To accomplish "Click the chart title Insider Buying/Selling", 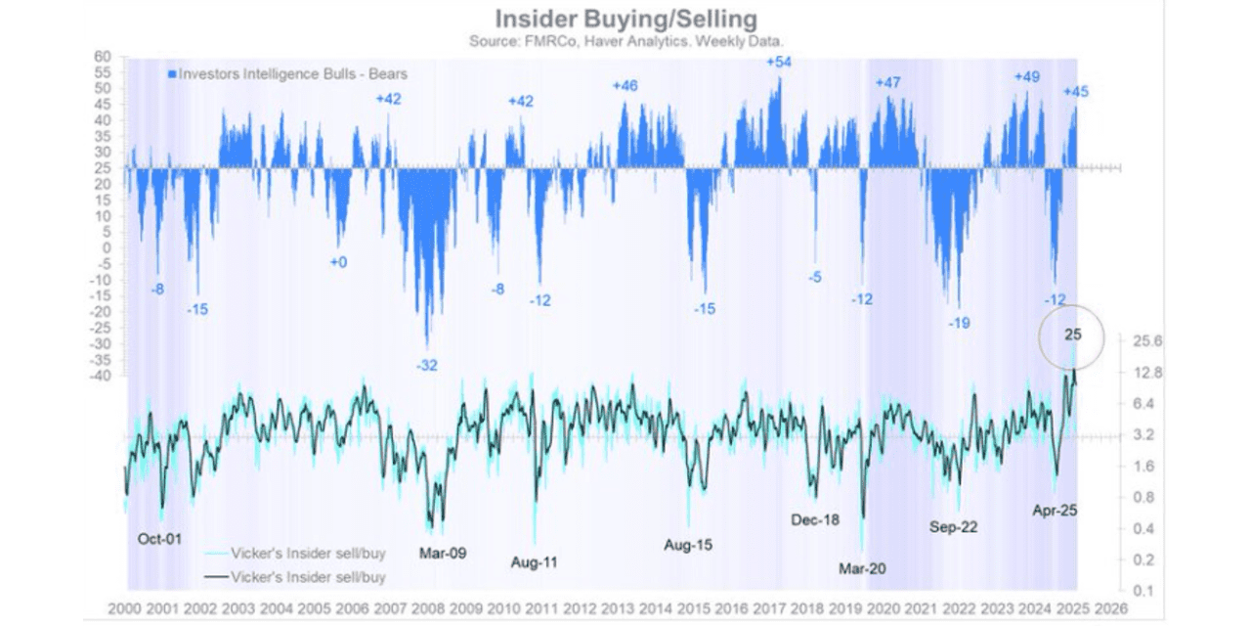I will click(625, 19).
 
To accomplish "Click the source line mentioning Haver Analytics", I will click(625, 41).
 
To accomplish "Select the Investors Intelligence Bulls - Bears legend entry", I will click(287, 73).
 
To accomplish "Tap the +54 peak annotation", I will click(779, 62).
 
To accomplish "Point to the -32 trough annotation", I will click(427, 365).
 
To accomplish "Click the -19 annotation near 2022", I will click(959, 322).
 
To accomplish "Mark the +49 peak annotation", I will click(1026, 76).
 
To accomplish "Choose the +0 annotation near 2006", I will click(339, 262).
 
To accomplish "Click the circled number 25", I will click(1073, 335).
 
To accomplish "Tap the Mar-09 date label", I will click(442, 553).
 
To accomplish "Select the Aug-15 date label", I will click(688, 545).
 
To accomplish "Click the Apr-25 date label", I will click(1055, 510).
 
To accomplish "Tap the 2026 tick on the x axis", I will click(1112, 607).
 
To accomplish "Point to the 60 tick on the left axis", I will click(103, 56).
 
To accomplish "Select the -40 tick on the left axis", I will click(102, 376).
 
